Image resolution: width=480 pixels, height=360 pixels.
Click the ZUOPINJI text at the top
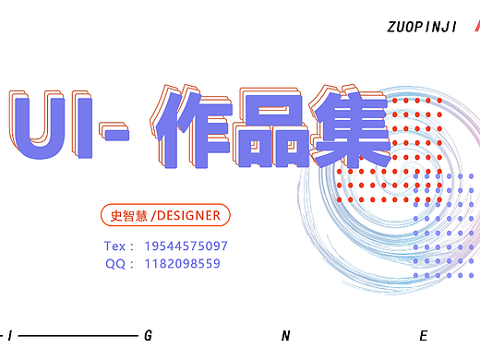click(x=422, y=28)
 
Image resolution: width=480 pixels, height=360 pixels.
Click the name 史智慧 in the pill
click(x=127, y=216)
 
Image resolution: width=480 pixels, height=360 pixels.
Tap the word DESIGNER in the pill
click(x=189, y=216)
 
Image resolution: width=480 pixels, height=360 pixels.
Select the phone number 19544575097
click(x=186, y=246)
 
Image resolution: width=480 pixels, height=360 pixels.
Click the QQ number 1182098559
click(x=182, y=264)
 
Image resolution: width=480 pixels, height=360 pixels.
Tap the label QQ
click(x=114, y=264)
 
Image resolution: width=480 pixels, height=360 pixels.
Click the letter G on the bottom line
click(x=148, y=335)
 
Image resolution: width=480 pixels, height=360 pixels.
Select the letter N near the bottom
click(x=286, y=335)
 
